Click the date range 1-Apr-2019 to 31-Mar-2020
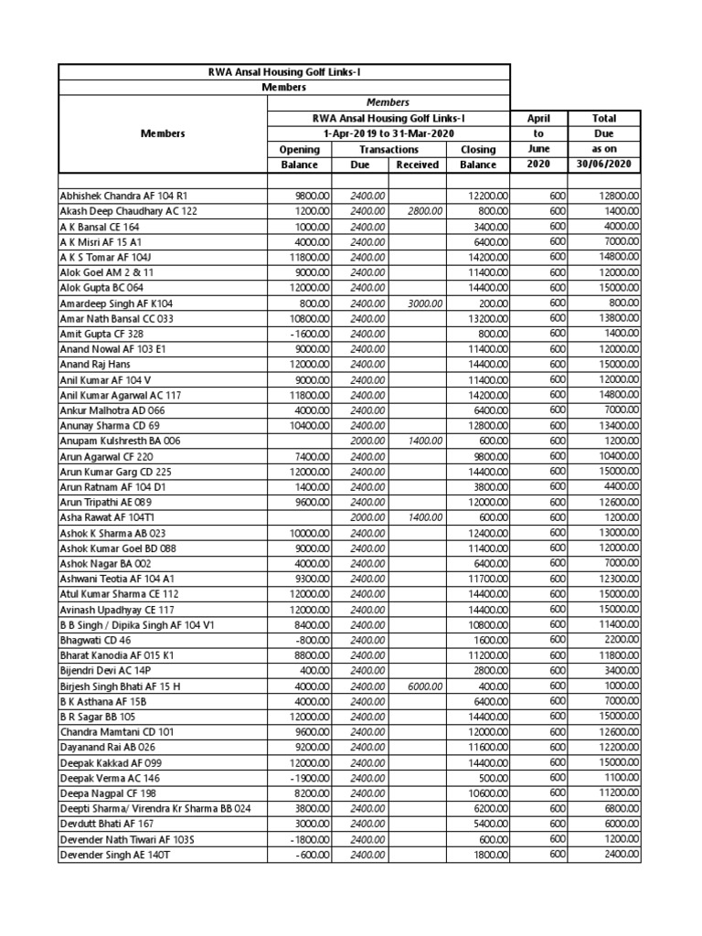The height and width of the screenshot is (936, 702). (388, 133)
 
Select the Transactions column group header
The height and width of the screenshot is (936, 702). (388, 149)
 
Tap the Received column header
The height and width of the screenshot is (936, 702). (418, 165)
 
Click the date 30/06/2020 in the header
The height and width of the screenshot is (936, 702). (604, 165)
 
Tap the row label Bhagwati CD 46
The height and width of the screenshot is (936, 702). (96, 640)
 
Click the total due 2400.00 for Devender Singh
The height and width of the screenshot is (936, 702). (619, 855)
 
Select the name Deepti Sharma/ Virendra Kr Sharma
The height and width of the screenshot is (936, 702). (154, 809)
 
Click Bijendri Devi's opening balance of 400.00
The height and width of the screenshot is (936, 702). (305, 671)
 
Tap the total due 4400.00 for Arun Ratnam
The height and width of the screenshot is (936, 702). (619, 487)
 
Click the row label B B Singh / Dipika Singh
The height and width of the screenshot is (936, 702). (136, 625)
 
